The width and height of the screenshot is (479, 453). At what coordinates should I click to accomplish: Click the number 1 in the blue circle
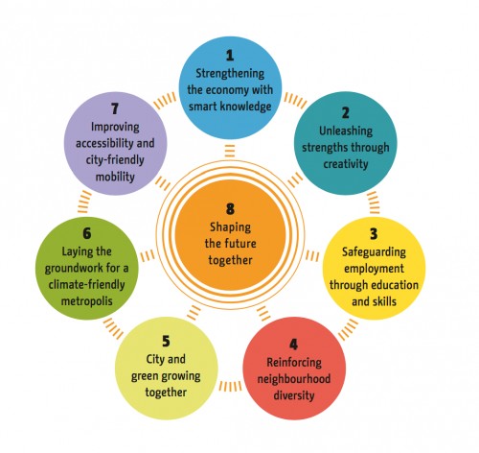(x=230, y=56)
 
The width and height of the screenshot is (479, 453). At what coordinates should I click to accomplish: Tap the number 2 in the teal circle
(x=345, y=113)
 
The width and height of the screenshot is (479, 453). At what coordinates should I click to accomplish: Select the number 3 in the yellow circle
(x=374, y=234)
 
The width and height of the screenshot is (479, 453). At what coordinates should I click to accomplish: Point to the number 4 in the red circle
(x=294, y=345)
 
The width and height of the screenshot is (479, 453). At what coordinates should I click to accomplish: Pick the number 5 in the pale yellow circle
(x=166, y=341)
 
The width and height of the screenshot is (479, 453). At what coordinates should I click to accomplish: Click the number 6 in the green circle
(x=87, y=233)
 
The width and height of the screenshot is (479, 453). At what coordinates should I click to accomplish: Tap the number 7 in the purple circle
(x=115, y=108)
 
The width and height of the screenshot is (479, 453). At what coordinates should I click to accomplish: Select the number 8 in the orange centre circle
(x=230, y=209)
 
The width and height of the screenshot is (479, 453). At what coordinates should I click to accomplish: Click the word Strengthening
(x=230, y=74)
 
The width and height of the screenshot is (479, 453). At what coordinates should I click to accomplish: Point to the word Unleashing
(x=346, y=131)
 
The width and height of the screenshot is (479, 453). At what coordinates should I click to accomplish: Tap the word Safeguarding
(x=374, y=252)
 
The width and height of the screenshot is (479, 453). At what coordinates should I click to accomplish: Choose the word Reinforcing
(x=294, y=363)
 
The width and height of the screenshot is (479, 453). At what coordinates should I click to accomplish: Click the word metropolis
(x=87, y=301)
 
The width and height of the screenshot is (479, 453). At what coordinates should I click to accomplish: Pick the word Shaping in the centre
(x=230, y=227)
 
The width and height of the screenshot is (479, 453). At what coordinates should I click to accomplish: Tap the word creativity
(x=346, y=164)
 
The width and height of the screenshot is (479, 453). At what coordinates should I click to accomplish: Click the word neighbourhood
(x=294, y=379)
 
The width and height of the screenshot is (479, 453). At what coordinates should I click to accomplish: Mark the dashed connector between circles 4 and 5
(x=230, y=386)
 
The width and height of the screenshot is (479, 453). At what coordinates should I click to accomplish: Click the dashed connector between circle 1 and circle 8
(x=230, y=151)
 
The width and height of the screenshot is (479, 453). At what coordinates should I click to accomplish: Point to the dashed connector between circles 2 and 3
(x=373, y=203)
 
